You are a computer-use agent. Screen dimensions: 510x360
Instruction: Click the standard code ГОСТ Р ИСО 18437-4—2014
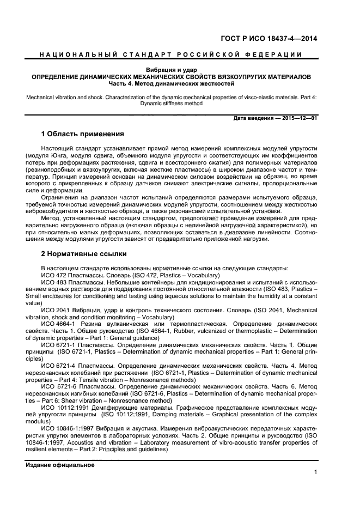[276, 38]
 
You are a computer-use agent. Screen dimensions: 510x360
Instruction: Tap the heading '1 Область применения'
[83, 134]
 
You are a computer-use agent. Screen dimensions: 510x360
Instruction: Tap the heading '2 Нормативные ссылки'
[84, 253]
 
